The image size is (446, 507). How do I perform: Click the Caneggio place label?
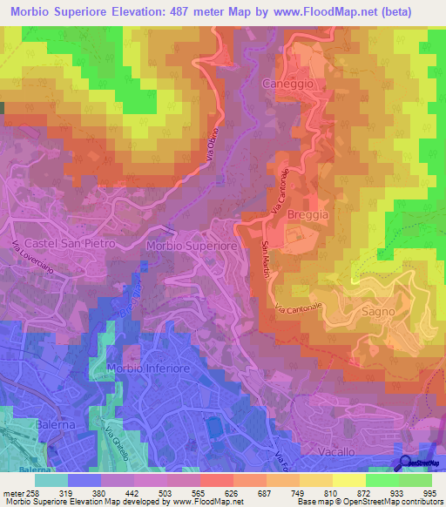point(287,83)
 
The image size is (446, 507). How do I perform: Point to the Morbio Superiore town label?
point(192,247)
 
